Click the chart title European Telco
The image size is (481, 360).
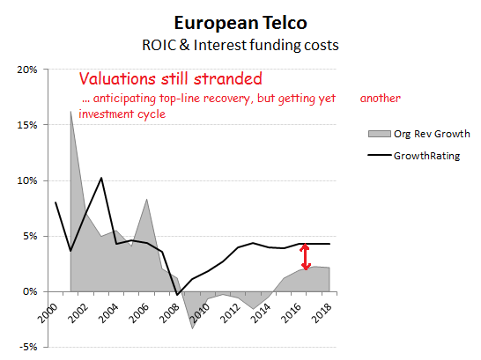240,23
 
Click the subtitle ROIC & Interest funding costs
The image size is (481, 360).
240,46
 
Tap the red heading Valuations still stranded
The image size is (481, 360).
171,78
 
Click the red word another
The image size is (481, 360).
380,99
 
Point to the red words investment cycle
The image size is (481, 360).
122,114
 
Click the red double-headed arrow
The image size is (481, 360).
305,256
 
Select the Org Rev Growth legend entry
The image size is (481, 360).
419,134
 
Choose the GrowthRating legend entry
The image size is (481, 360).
414,156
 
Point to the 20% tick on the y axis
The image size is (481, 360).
27,70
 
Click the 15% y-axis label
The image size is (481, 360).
27,125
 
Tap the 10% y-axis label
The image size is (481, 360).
27,180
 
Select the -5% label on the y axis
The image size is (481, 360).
28,347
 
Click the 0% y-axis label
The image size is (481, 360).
30,291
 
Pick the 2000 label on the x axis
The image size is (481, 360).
48,313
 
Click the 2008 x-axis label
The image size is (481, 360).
170,313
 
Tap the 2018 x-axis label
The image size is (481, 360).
322,313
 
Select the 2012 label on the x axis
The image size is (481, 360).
231,313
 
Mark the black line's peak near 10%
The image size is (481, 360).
101,178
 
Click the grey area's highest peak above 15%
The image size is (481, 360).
70,111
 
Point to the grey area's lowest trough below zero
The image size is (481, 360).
193,328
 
